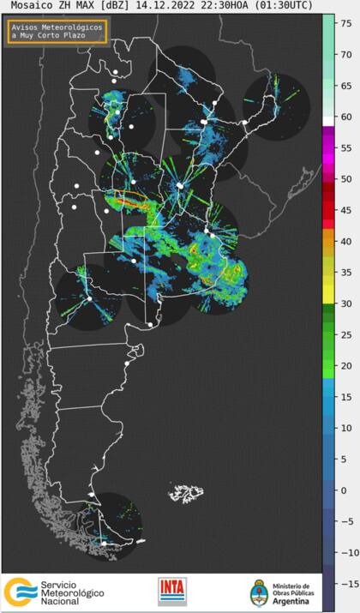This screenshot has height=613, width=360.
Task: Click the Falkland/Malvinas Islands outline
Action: [x=186, y=494]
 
